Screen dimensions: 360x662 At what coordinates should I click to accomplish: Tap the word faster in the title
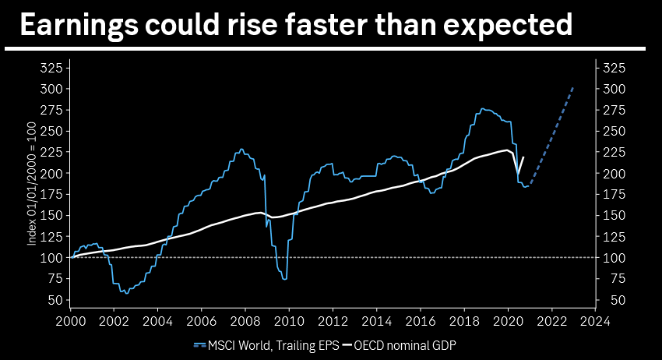point(331,25)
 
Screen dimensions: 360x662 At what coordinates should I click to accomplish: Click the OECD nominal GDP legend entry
point(406,344)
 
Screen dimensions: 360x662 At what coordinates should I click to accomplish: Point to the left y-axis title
point(32,185)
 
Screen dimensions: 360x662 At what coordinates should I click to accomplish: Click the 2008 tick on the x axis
point(245,319)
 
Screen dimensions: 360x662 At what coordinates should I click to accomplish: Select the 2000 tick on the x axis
point(70,319)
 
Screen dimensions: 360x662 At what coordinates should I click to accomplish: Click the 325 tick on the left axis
point(51,68)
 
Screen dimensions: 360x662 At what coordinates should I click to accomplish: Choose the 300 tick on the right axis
point(614,89)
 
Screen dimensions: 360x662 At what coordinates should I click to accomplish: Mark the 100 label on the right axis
point(614,258)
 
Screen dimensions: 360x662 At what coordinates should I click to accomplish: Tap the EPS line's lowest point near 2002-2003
point(127,293)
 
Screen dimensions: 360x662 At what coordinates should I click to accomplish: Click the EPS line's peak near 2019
point(483,108)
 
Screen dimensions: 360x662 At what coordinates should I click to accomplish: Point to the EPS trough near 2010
point(285,279)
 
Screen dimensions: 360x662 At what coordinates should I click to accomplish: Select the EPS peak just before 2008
point(241,149)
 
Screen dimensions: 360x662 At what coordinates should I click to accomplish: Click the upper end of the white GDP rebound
point(523,157)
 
